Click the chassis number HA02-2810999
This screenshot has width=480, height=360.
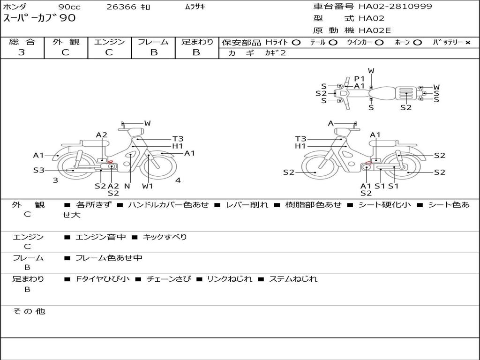(395, 7)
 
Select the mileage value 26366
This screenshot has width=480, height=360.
(121, 7)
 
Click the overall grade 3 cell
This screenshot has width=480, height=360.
(22, 52)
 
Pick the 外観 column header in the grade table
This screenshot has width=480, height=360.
(66, 42)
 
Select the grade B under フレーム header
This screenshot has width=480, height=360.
(153, 52)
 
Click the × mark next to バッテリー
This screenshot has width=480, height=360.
(467, 43)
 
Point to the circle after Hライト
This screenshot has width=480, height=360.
(296, 43)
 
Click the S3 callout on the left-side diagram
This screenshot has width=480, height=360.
(38, 170)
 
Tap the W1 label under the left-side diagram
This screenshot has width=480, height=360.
(148, 186)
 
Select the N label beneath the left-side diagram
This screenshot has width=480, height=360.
(127, 186)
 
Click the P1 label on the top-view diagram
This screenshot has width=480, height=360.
(360, 79)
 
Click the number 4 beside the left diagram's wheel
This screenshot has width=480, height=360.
(178, 180)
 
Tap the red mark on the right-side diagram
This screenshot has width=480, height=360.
(368, 164)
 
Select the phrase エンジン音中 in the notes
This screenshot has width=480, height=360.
(100, 237)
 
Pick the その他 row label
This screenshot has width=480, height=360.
(29, 311)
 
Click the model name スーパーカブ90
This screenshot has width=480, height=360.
(39, 18)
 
